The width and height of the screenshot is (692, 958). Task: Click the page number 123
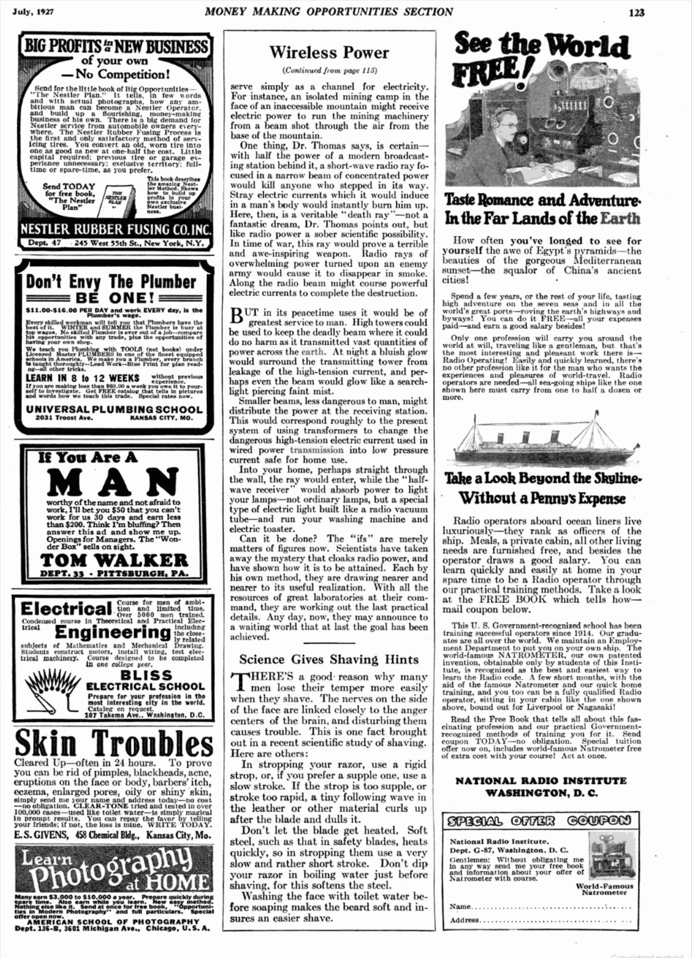coord(636,12)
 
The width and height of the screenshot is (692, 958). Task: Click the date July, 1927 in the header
coord(33,11)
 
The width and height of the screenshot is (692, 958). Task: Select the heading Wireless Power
coord(329,52)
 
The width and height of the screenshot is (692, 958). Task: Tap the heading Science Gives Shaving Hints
coord(329,660)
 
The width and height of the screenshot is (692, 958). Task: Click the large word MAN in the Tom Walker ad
coord(113,481)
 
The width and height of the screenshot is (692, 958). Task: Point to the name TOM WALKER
coord(114,560)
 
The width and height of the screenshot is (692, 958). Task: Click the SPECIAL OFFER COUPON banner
coord(540,821)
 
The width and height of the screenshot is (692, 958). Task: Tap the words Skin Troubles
coord(114,743)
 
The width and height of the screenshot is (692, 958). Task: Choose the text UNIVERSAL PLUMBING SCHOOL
coord(114,410)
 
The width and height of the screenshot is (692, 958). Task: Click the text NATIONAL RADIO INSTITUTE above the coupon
coord(541,781)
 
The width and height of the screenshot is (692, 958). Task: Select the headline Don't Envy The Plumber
coord(111,282)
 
